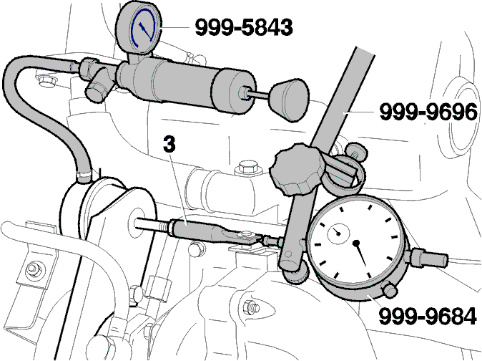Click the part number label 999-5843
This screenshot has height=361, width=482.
pyautogui.click(x=244, y=27)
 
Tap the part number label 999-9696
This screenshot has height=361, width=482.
pyautogui.click(x=428, y=112)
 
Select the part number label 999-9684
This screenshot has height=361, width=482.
pyautogui.click(x=428, y=316)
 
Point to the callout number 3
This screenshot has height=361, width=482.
pyautogui.click(x=169, y=145)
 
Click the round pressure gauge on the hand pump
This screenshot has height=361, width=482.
pyautogui.click(x=139, y=29)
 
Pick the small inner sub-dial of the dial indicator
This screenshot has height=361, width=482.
pyautogui.click(x=338, y=234)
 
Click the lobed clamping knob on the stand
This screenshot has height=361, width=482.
pyautogui.click(x=297, y=168)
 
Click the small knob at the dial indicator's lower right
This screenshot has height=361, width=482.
pyautogui.click(x=390, y=290)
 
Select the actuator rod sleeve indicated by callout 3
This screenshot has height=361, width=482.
pyautogui.click(x=197, y=230)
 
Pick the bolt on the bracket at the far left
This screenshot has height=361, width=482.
pyautogui.click(x=32, y=269)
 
